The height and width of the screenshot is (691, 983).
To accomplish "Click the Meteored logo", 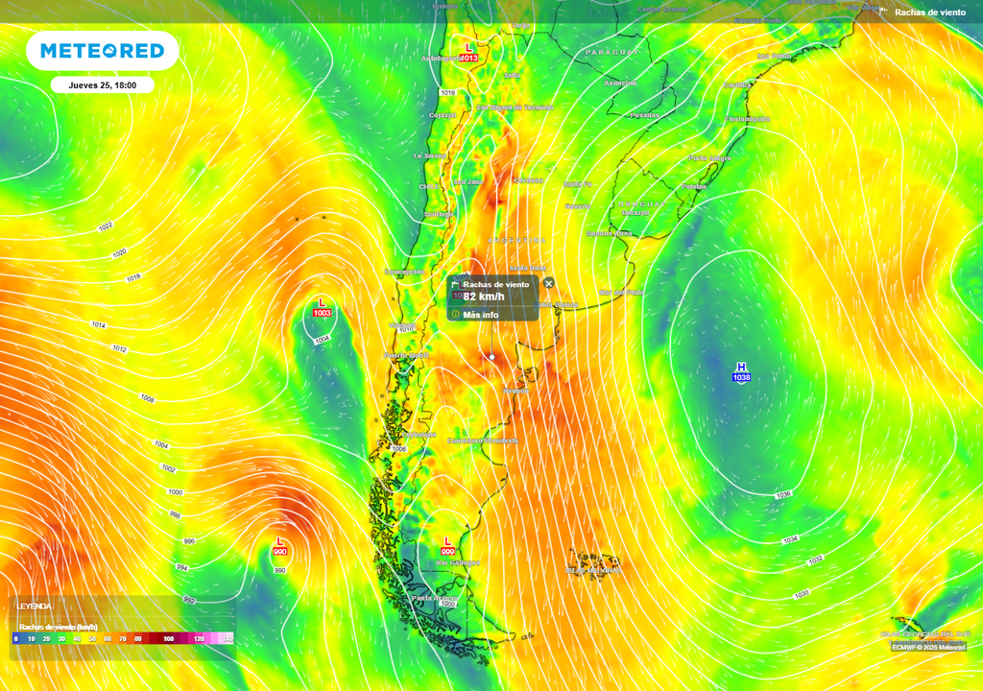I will (102, 51).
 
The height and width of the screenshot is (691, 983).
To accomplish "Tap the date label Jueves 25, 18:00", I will (103, 84).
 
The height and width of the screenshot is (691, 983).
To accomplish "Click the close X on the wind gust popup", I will (548, 283).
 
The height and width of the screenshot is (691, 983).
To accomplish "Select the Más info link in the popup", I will (480, 315).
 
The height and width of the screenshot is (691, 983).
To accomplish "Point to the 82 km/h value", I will (484, 298).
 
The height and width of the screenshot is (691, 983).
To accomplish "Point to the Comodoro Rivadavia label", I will (483, 441).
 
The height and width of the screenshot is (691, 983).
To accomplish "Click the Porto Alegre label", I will (710, 157).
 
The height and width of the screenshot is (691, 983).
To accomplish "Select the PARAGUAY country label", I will (611, 52).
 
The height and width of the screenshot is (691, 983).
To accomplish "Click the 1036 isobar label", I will (783, 494).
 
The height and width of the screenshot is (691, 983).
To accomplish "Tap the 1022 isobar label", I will (106, 226).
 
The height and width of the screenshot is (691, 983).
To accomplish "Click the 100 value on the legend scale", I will (169, 638).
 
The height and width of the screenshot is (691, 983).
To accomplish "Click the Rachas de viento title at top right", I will (929, 12).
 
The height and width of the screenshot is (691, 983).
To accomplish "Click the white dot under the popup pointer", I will (491, 357).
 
